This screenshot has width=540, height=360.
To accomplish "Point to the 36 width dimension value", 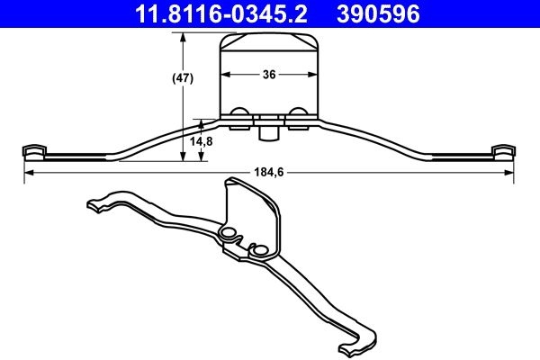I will click(x=269, y=76).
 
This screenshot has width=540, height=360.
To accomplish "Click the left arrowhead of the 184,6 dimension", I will click(x=28, y=172).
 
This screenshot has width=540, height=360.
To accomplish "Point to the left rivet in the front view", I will click(x=240, y=113).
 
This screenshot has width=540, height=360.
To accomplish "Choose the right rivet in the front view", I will click(x=298, y=113).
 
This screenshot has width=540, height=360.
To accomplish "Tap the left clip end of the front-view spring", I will click(x=33, y=149).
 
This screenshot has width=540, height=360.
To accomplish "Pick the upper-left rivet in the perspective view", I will click(x=228, y=234).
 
